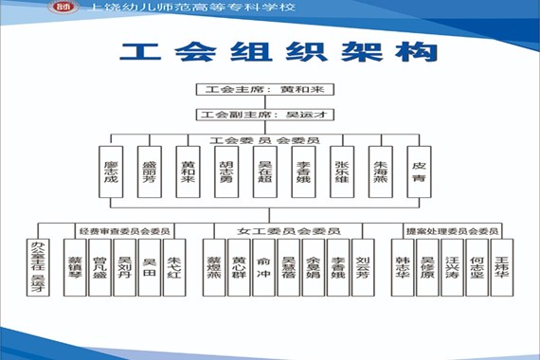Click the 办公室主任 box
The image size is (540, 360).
[38, 268]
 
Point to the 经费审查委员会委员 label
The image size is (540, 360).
[124, 230]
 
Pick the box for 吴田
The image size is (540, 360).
[149, 268]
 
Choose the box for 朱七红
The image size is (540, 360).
[173, 268]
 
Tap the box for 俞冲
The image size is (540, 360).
[264, 268]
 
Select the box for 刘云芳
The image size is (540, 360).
[363, 268]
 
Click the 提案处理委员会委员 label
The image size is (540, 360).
[452, 230]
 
